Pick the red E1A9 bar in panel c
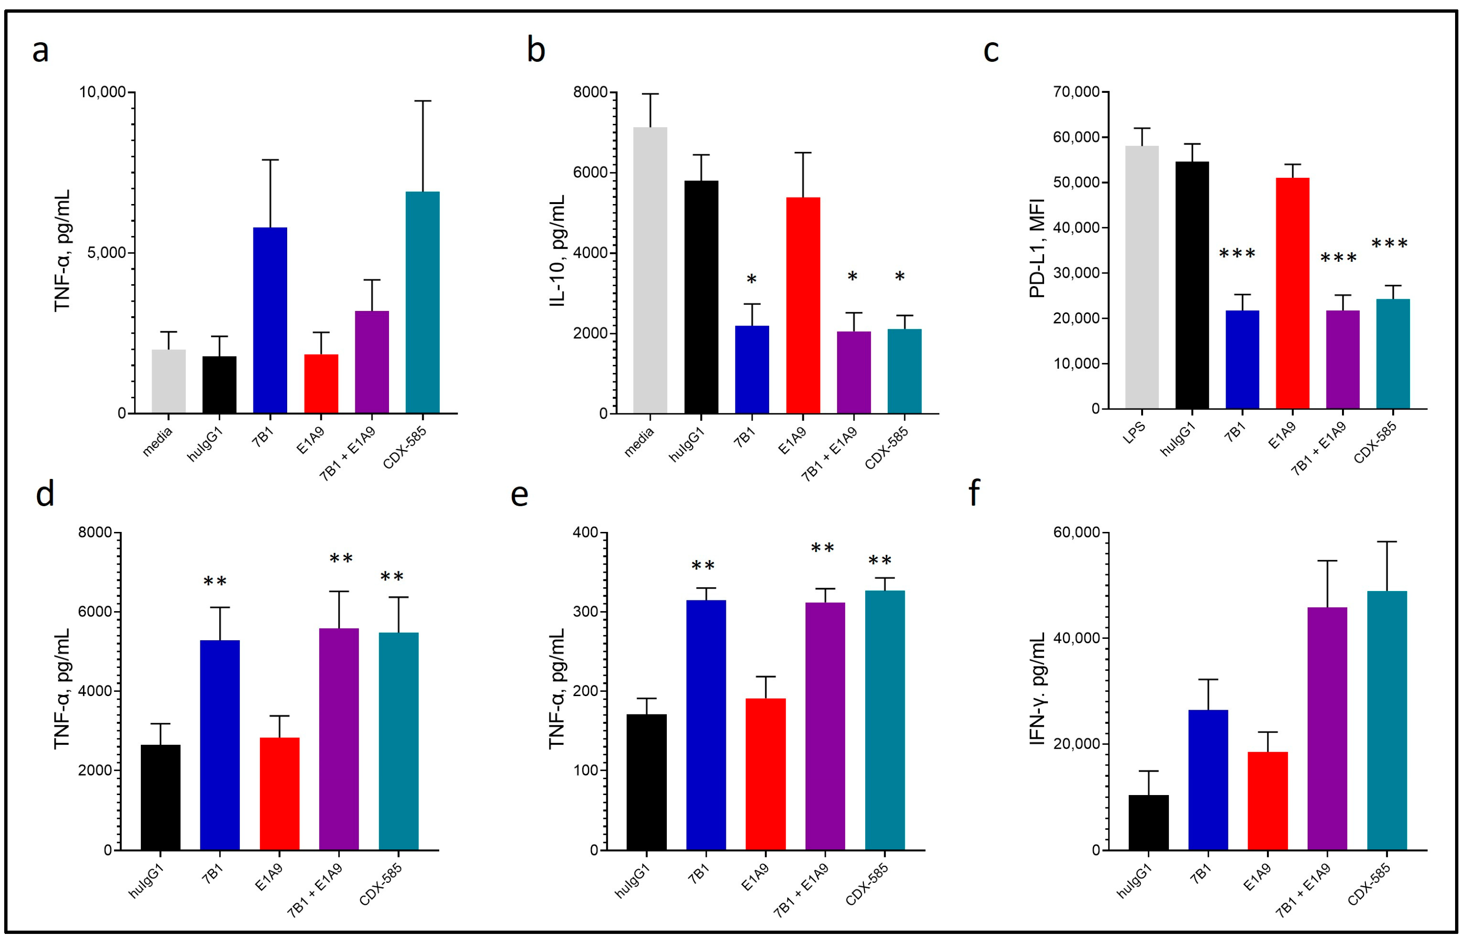tap(1292, 293)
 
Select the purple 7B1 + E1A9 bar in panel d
tap(339, 739)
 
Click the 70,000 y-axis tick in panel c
tap(1076, 92)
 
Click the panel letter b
tap(535, 50)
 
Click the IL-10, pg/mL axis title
tap(557, 251)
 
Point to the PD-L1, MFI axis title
tap(1037, 248)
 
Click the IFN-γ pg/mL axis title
tap(1037, 689)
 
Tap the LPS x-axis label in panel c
tap(1134, 433)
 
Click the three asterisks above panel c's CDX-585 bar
tap(1389, 245)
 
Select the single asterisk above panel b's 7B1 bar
tap(752, 280)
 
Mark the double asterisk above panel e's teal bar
tap(880, 561)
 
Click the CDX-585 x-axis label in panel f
tap(1369, 885)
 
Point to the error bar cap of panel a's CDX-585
tap(422, 101)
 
